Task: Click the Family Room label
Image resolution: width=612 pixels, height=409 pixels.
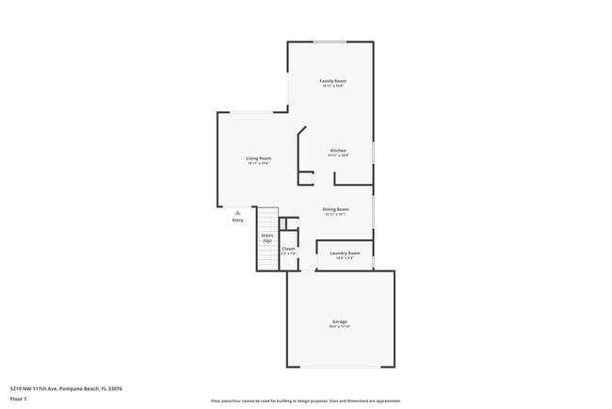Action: pyautogui.click(x=333, y=81)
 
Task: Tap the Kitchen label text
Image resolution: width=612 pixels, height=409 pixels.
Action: pyautogui.click(x=338, y=151)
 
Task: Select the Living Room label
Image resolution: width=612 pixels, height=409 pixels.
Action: pyautogui.click(x=259, y=157)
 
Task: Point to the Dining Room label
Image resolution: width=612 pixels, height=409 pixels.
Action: pyautogui.click(x=336, y=209)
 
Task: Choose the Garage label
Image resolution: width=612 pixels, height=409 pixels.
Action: pyautogui.click(x=340, y=321)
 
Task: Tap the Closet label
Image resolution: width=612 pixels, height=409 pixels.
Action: pyautogui.click(x=288, y=249)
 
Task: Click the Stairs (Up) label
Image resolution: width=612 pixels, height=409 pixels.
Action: pyautogui.click(x=266, y=237)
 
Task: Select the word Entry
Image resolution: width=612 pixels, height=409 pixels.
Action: pyautogui.click(x=237, y=221)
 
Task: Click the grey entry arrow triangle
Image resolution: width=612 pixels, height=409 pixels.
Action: pyautogui.click(x=237, y=213)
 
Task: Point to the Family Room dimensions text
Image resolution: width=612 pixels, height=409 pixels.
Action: pyautogui.click(x=333, y=87)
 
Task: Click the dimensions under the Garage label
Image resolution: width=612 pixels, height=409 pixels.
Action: pyautogui.click(x=340, y=327)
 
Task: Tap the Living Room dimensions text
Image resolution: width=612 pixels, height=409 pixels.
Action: pyautogui.click(x=259, y=163)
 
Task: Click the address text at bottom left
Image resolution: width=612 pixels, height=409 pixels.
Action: pyautogui.click(x=66, y=387)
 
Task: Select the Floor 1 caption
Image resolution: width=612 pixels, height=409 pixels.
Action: pyautogui.click(x=20, y=399)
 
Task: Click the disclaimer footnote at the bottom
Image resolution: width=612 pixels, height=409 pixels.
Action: pyautogui.click(x=305, y=401)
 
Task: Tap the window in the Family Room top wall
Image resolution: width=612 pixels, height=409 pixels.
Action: pyautogui.click(x=329, y=41)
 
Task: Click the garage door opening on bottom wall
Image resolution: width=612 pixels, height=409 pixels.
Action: pyautogui.click(x=340, y=367)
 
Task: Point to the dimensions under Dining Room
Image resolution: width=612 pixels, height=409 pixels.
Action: pyautogui.click(x=336, y=215)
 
